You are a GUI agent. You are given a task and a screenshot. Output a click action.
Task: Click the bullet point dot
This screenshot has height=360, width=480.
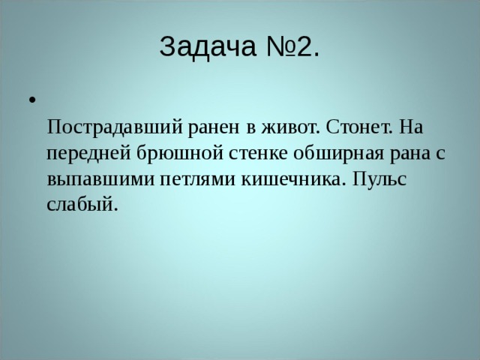click(x=31, y=100)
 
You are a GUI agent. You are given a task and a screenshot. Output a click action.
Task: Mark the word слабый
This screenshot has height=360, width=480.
click(x=81, y=205)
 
